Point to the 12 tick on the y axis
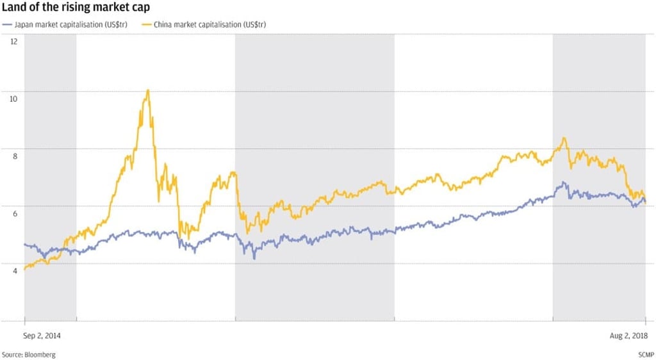coord(13,41)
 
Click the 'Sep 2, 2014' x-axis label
coord(43,334)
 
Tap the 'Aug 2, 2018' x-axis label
coord(628,334)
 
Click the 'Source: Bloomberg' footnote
coord(28,354)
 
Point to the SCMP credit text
coord(644,354)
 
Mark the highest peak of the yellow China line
coord(148,90)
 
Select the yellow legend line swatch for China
coord(146,24)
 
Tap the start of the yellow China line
coord(24,270)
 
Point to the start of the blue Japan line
coord(24,244)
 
